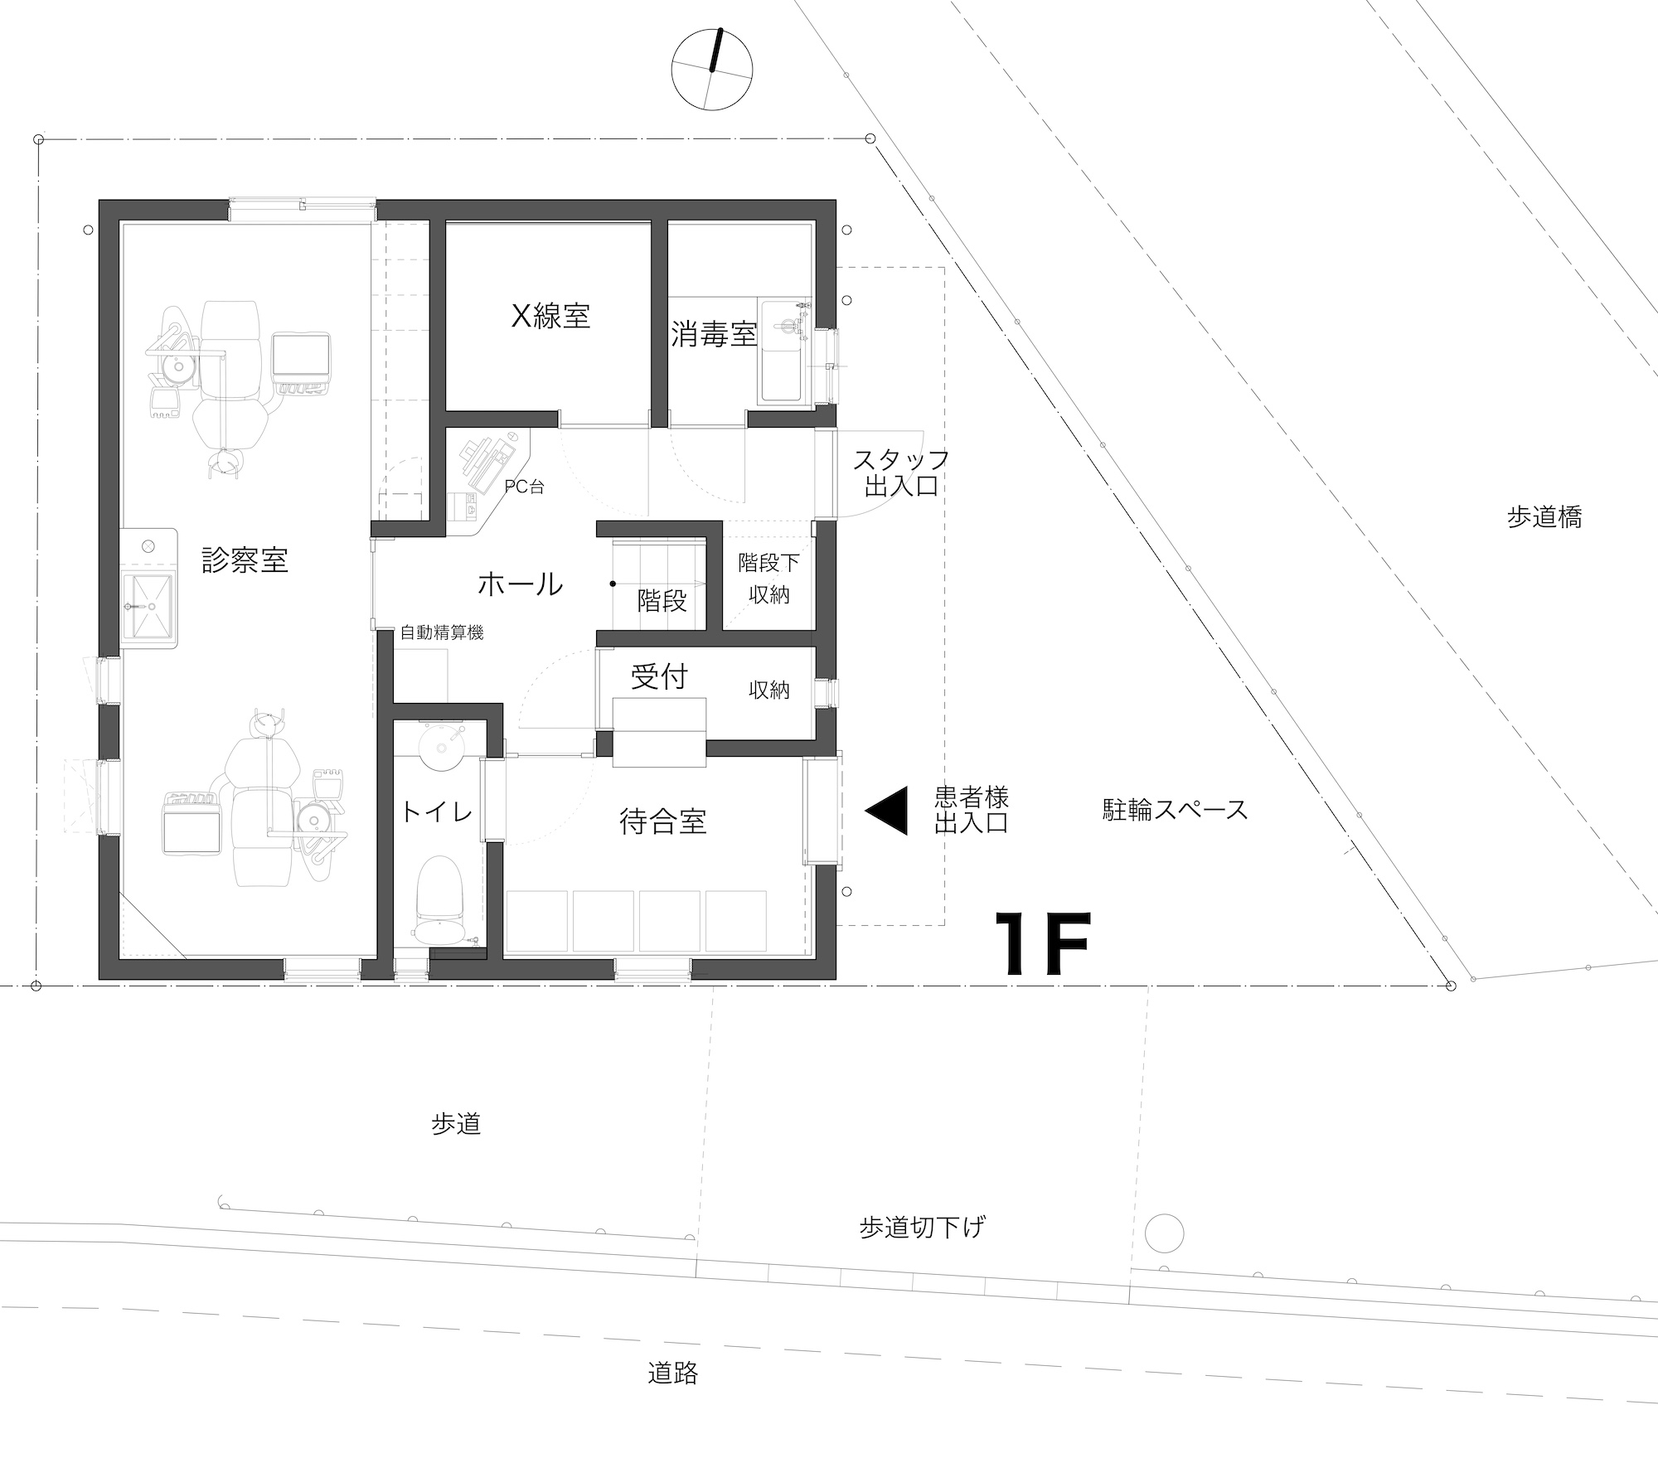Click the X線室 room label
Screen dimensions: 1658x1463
[x=550, y=316]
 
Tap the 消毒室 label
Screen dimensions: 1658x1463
[x=713, y=335]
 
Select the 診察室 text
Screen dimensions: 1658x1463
[x=245, y=560]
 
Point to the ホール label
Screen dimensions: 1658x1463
[x=520, y=584]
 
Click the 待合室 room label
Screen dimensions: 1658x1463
[x=662, y=821]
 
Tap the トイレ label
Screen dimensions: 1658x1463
[x=436, y=811]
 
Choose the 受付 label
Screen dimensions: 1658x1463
[x=659, y=676]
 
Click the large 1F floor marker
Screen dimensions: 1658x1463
[x=1041, y=943]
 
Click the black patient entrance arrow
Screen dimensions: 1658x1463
[x=886, y=810]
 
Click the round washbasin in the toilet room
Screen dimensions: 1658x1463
[x=444, y=747]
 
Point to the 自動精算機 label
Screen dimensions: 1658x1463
[x=442, y=632]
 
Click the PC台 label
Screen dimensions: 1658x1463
[x=525, y=487]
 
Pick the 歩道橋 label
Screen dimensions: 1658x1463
[x=1544, y=517]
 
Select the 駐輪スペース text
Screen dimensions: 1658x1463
[x=1175, y=809]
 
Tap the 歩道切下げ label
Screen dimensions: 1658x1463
[x=922, y=1227]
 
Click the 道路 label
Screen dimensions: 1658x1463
[x=672, y=1373]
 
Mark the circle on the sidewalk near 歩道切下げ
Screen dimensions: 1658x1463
[x=1164, y=1233]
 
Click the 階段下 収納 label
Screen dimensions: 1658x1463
[x=768, y=579]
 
